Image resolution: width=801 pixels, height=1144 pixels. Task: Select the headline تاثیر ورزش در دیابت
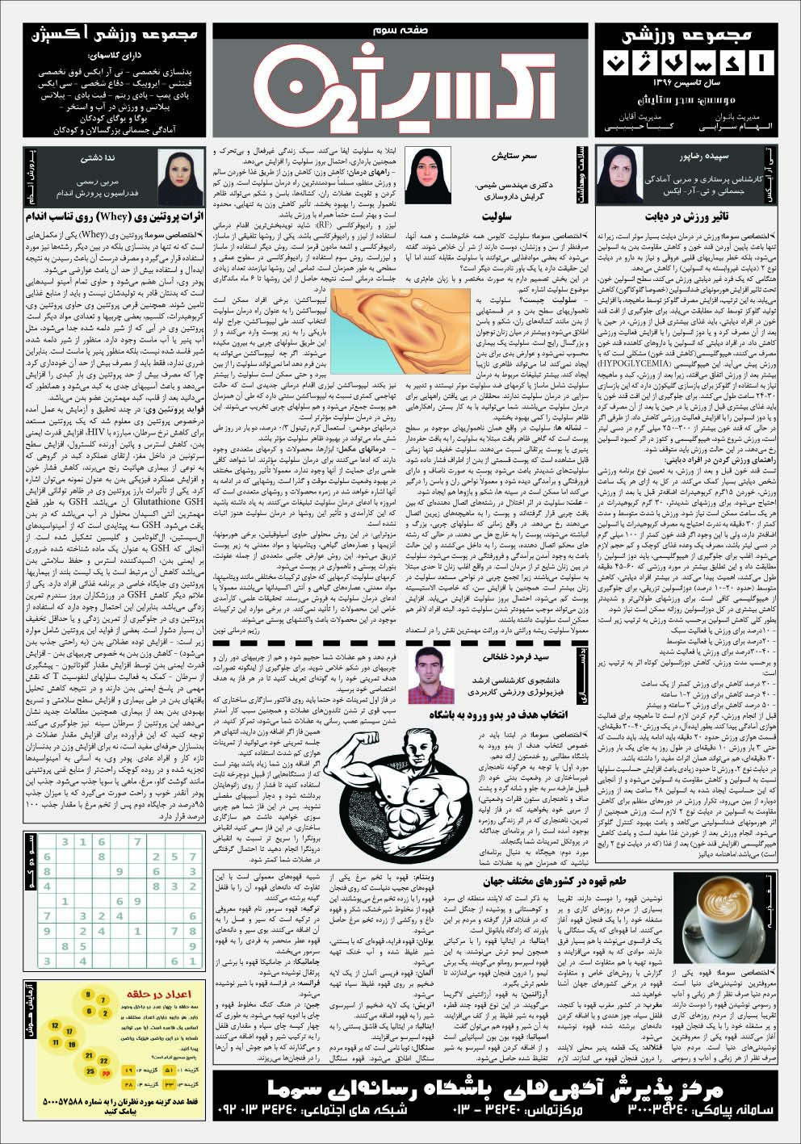pos(696,217)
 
